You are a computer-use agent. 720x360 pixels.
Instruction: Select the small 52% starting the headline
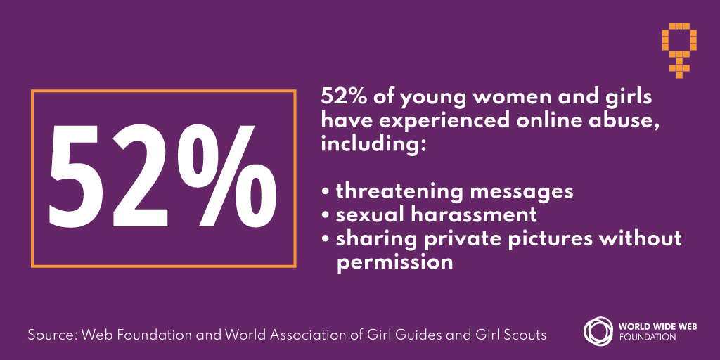point(340,96)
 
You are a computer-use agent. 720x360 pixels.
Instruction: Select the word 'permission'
point(394,262)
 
